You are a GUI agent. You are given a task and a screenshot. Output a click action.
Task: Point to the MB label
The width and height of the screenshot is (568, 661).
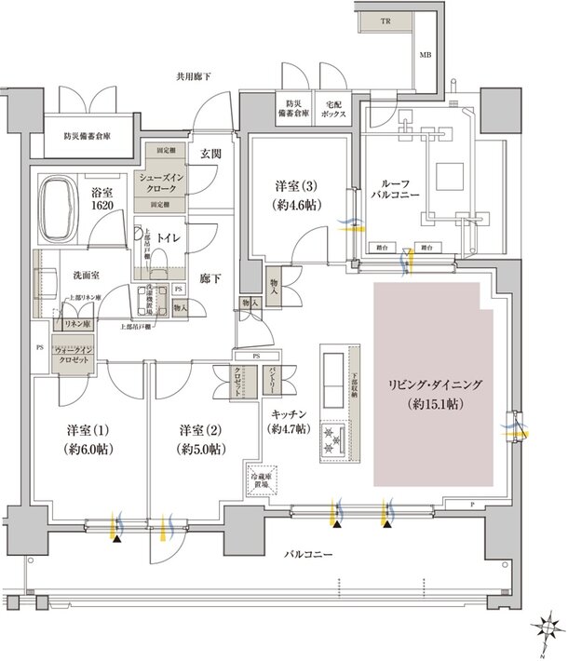click(x=426, y=55)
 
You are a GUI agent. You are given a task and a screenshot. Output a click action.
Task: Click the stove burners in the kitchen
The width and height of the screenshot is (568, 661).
click(x=332, y=437)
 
